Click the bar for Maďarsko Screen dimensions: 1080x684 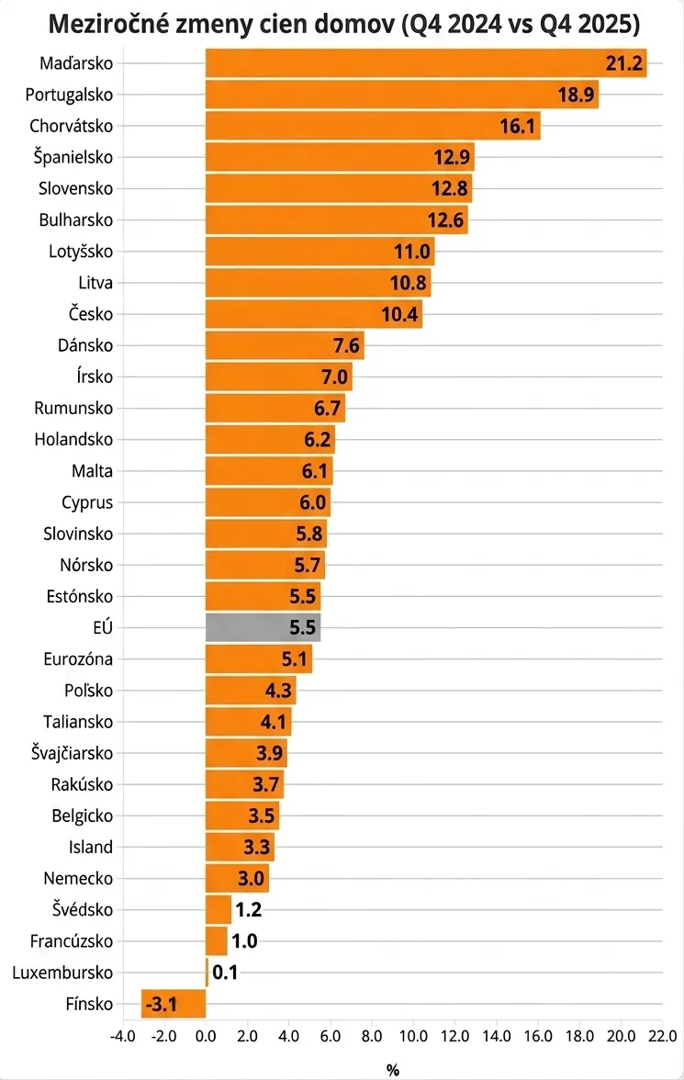tap(425, 63)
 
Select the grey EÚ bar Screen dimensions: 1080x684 tap(263, 627)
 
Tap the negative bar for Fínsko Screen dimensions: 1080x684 tap(173, 1003)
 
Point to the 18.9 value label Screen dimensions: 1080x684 tap(576, 96)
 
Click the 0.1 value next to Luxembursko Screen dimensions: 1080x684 tap(225, 972)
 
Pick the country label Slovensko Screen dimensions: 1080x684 tap(75, 188)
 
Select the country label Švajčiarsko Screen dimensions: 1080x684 tap(72, 753)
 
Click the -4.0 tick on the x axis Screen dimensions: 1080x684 tap(122, 1037)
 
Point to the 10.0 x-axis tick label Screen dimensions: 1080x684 tap(413, 1037)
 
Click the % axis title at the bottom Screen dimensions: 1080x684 tap(392, 1069)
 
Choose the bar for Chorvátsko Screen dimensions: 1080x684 tap(372, 126)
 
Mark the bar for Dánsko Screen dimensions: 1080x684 tap(285, 345)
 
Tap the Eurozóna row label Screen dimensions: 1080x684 tap(78, 658)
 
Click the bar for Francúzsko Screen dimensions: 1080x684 tap(216, 940)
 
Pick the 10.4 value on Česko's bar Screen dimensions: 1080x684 tap(400, 314)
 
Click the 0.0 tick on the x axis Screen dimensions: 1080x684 tap(206, 1037)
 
